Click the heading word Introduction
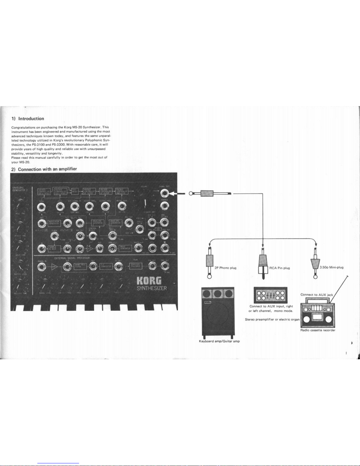pyautogui.click(x=31, y=119)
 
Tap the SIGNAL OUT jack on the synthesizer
pyautogui.click(x=165, y=193)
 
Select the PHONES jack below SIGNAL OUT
pyautogui.click(x=165, y=206)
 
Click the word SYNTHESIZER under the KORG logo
pyautogui.click(x=152, y=288)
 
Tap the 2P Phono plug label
pyautogui.click(x=225, y=268)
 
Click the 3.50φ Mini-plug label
pyautogui.click(x=331, y=267)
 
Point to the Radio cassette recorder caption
pyautogui.click(x=318, y=330)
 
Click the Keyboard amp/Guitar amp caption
pyautogui.click(x=219, y=341)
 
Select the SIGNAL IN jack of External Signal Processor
pyautogui.click(x=42, y=267)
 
